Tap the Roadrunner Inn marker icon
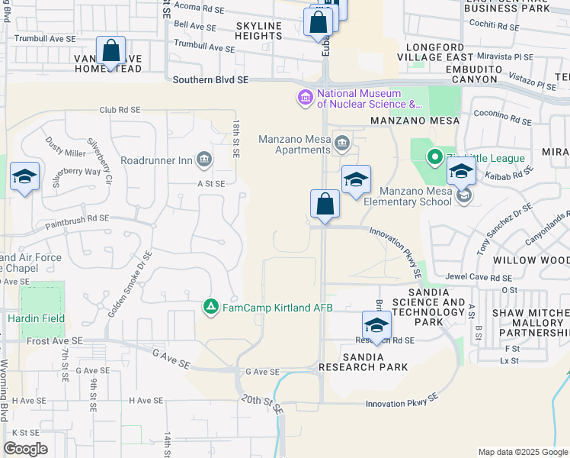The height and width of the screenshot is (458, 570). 204,160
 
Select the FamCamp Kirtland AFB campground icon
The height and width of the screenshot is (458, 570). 211,307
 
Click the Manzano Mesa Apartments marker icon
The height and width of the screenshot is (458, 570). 342,143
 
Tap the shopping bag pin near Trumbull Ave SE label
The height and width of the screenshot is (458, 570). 111,53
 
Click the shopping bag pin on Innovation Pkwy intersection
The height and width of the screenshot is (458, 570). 325,205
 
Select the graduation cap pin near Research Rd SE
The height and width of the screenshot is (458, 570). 376,326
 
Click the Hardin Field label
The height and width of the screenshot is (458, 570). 36,318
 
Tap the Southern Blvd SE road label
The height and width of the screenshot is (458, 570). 210,79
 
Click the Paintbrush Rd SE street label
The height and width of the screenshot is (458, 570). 76,219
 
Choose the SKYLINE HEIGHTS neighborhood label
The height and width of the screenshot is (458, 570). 259,31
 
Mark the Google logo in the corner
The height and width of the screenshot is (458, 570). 25,449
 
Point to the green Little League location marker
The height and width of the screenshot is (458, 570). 434,158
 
